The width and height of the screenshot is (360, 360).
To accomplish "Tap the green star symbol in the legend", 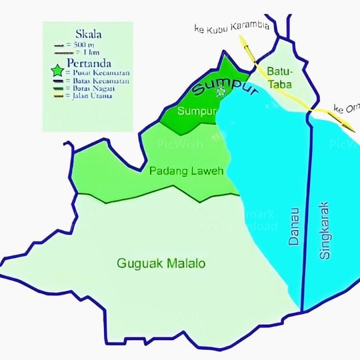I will click(57, 71).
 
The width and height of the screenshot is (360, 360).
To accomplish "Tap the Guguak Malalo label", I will click(161, 263).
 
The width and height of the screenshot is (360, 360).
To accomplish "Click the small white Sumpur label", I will click(197, 111).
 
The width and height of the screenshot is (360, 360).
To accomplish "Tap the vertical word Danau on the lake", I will click(294, 226).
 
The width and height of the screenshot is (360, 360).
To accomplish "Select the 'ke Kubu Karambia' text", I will click(231, 27).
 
